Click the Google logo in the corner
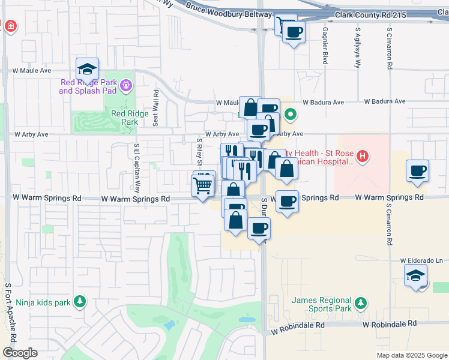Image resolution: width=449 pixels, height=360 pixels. (x=20, y=353)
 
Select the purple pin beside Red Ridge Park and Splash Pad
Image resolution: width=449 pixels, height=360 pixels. (x=125, y=86)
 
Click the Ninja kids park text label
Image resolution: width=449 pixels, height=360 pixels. (x=43, y=303)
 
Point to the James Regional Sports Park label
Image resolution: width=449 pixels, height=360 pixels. (x=321, y=304)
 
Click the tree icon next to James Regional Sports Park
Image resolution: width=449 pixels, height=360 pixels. (x=360, y=303)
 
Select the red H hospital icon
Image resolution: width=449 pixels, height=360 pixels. (x=362, y=157)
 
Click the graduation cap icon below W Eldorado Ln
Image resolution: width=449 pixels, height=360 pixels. (x=416, y=276)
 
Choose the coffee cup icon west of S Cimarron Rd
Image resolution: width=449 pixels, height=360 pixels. (x=417, y=171)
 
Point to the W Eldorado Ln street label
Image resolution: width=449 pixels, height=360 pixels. (x=421, y=261)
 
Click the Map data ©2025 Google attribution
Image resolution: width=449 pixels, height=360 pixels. (x=412, y=355)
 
